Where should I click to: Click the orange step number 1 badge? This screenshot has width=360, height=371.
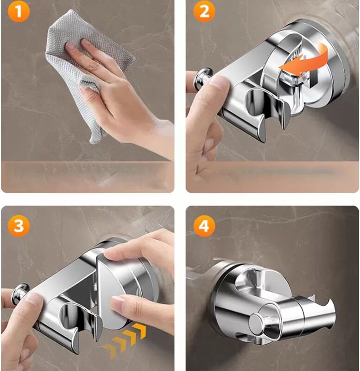[19, 11]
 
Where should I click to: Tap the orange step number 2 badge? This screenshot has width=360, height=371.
[204, 11]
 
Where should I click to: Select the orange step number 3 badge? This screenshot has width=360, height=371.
[19, 225]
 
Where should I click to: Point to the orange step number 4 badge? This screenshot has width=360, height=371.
[204, 225]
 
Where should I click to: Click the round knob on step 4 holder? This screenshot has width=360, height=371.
[257, 322]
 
